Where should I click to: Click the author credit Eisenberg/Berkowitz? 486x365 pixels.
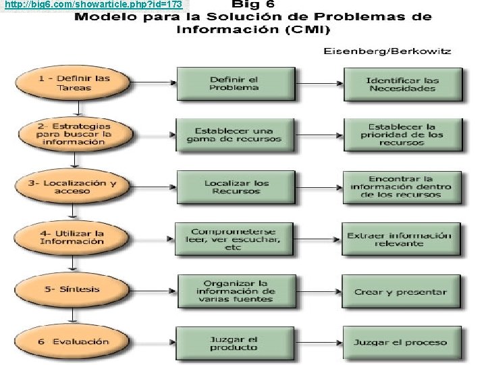pyautogui.click(x=387, y=51)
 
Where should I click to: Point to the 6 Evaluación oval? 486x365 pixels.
pyautogui.click(x=73, y=341)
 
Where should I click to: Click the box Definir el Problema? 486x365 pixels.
pyautogui.click(x=234, y=83)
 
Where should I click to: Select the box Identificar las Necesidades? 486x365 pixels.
pyautogui.click(x=402, y=84)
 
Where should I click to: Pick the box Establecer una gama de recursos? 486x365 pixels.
pyautogui.click(x=234, y=135)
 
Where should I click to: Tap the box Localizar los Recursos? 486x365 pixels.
pyautogui.click(x=236, y=187)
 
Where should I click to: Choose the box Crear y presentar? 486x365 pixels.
pyautogui.click(x=400, y=292)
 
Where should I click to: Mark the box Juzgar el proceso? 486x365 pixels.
pyautogui.click(x=400, y=342)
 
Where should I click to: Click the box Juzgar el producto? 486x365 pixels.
pyautogui.click(x=234, y=343)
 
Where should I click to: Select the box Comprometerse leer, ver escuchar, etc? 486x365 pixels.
pyautogui.click(x=234, y=238)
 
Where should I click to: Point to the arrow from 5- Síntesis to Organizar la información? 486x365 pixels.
pyautogui.click(x=150, y=290)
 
